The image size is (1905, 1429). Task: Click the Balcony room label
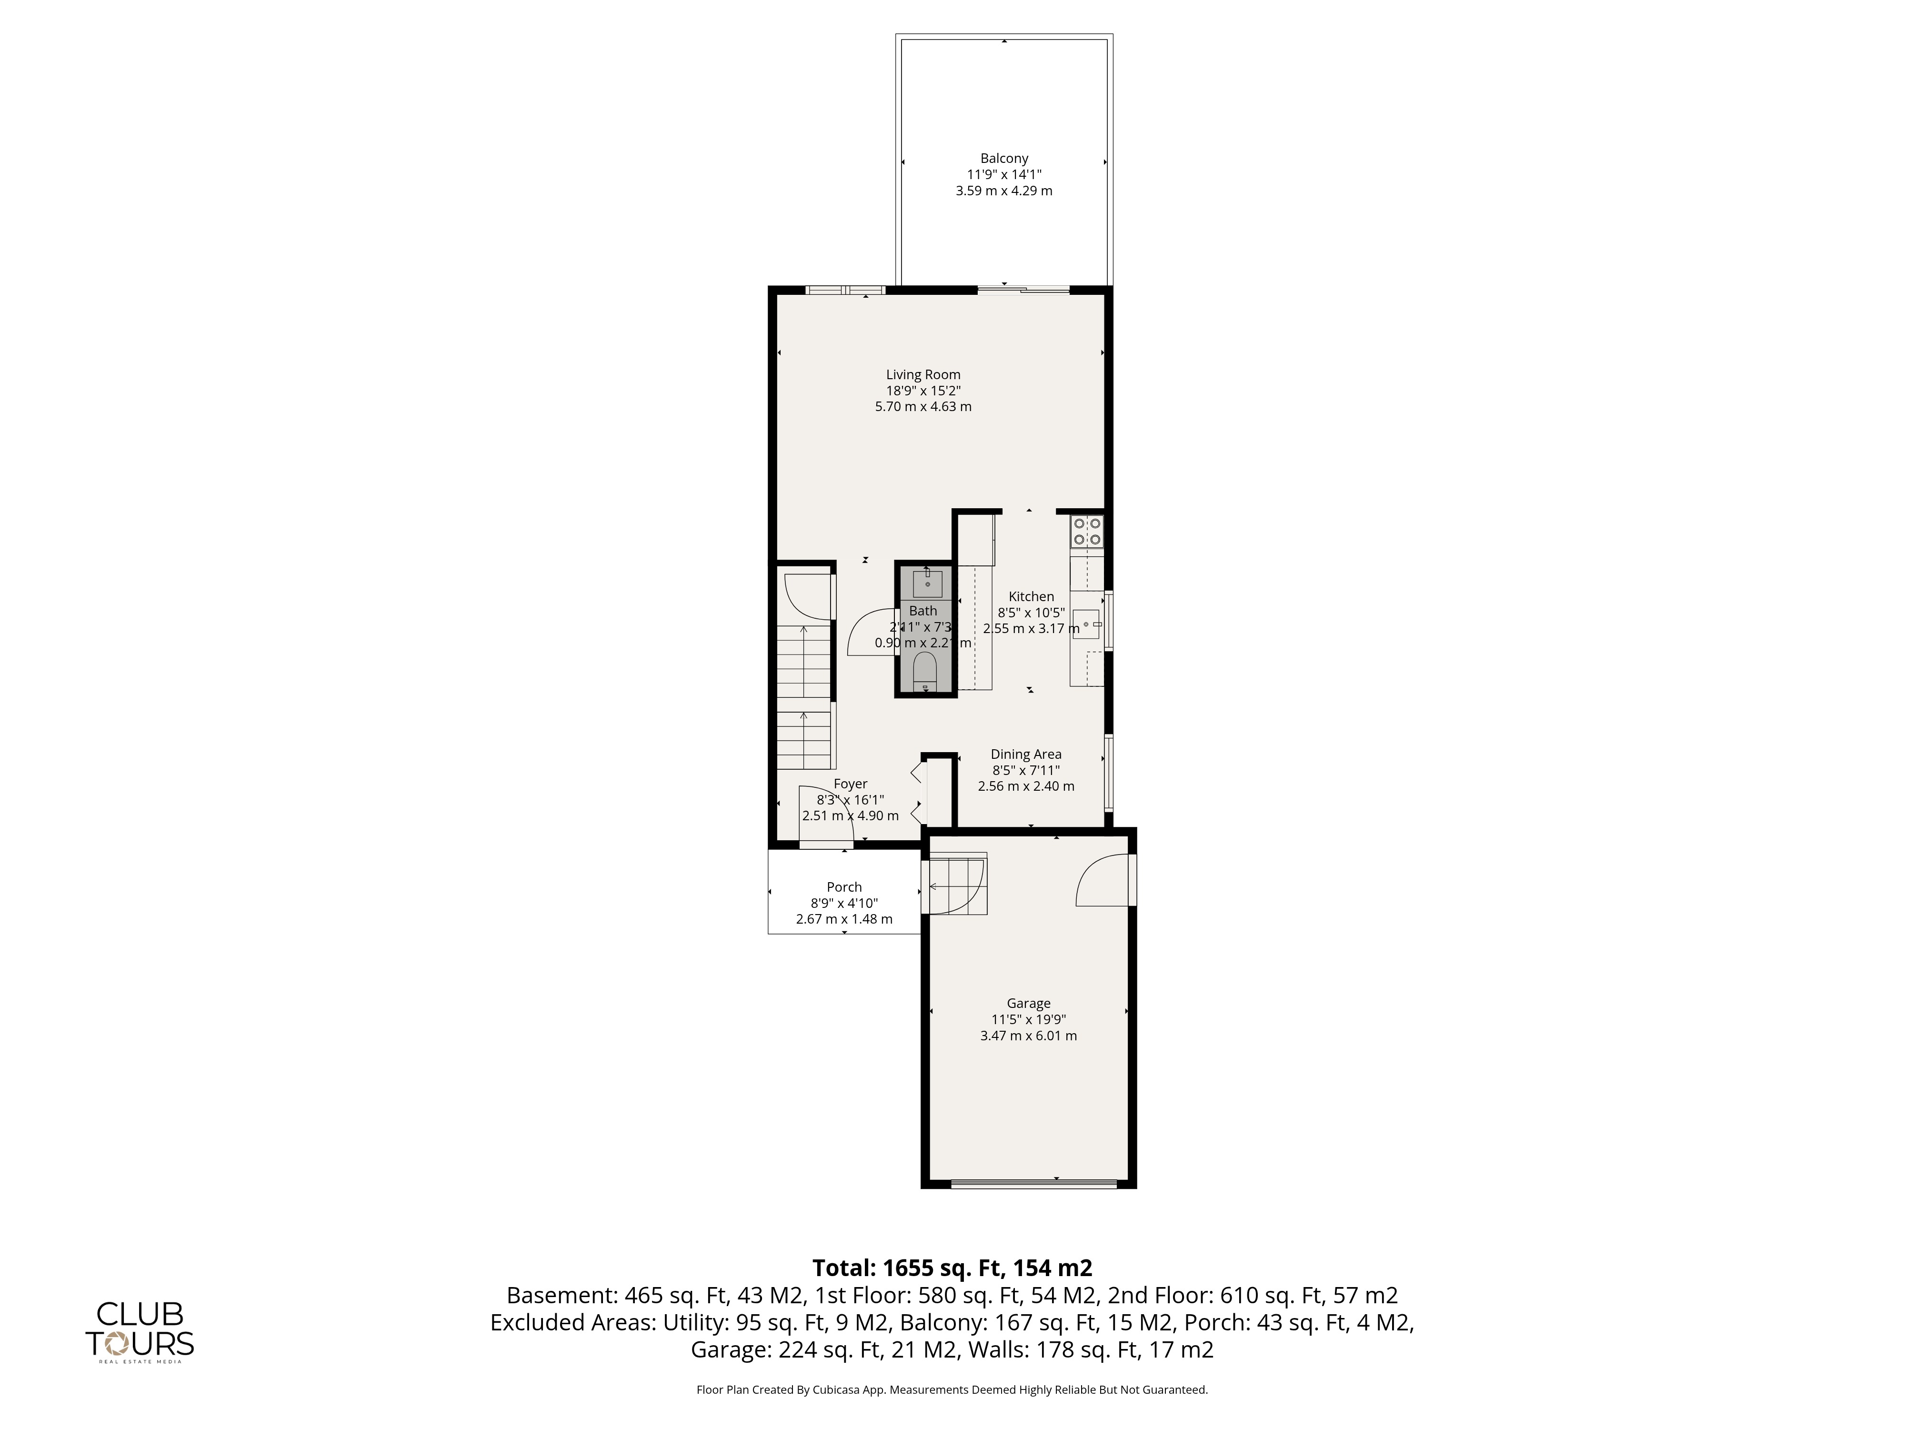click(x=1004, y=159)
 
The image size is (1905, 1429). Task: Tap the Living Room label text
click(x=923, y=375)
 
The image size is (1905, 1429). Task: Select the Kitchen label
click(x=1031, y=596)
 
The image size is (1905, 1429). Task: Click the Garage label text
click(x=1028, y=1004)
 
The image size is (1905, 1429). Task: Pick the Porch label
click(x=844, y=887)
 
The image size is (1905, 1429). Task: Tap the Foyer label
click(x=850, y=784)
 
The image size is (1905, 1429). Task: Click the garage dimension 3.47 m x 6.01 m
click(x=1028, y=1036)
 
